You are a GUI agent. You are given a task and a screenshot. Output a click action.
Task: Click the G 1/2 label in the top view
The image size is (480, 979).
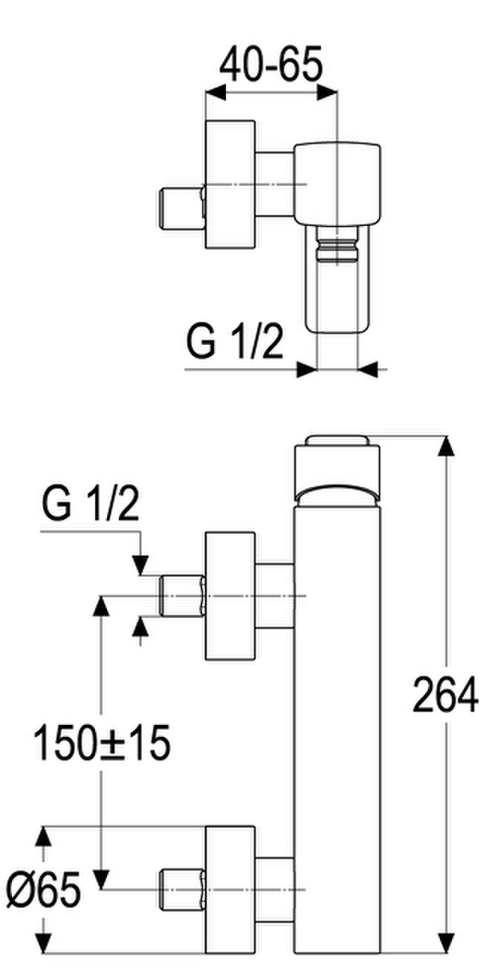pyautogui.click(x=235, y=342)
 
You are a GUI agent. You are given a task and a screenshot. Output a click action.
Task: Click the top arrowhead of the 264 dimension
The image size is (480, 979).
pyautogui.click(x=445, y=447)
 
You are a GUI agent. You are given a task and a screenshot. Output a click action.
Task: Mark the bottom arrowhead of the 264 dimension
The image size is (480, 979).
pyautogui.click(x=445, y=942)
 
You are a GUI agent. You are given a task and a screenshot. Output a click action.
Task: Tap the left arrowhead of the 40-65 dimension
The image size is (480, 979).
pyautogui.click(x=216, y=92)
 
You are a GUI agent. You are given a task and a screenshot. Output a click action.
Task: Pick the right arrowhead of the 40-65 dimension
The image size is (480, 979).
pyautogui.click(x=327, y=92)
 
